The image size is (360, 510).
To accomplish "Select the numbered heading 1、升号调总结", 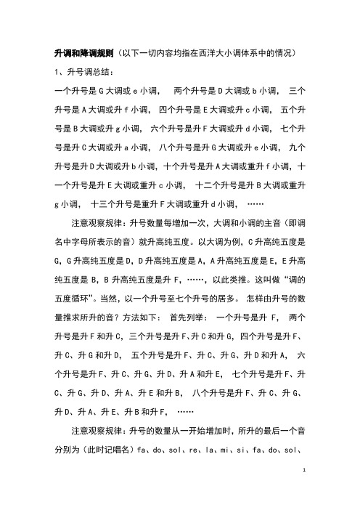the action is click(x=80, y=73).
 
